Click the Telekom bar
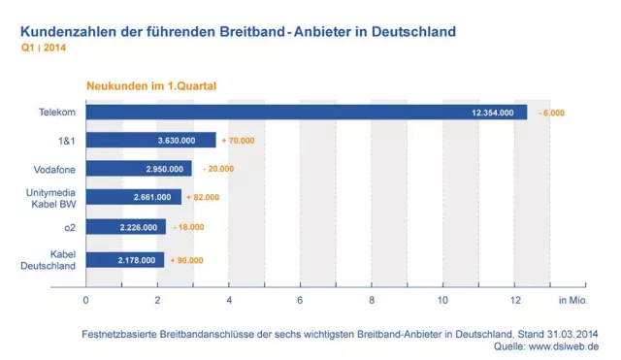tap(306, 113)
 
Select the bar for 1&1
tap(150, 141)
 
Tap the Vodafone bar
tap(139, 169)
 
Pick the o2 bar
tap(126, 226)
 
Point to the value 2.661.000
tap(153, 198)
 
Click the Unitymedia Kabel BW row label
tap(51, 198)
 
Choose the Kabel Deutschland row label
tap(50, 260)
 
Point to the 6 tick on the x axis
tap(301, 298)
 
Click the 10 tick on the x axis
tap(443, 298)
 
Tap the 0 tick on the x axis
tap(86, 298)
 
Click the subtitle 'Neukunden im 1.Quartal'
tap(151, 85)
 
